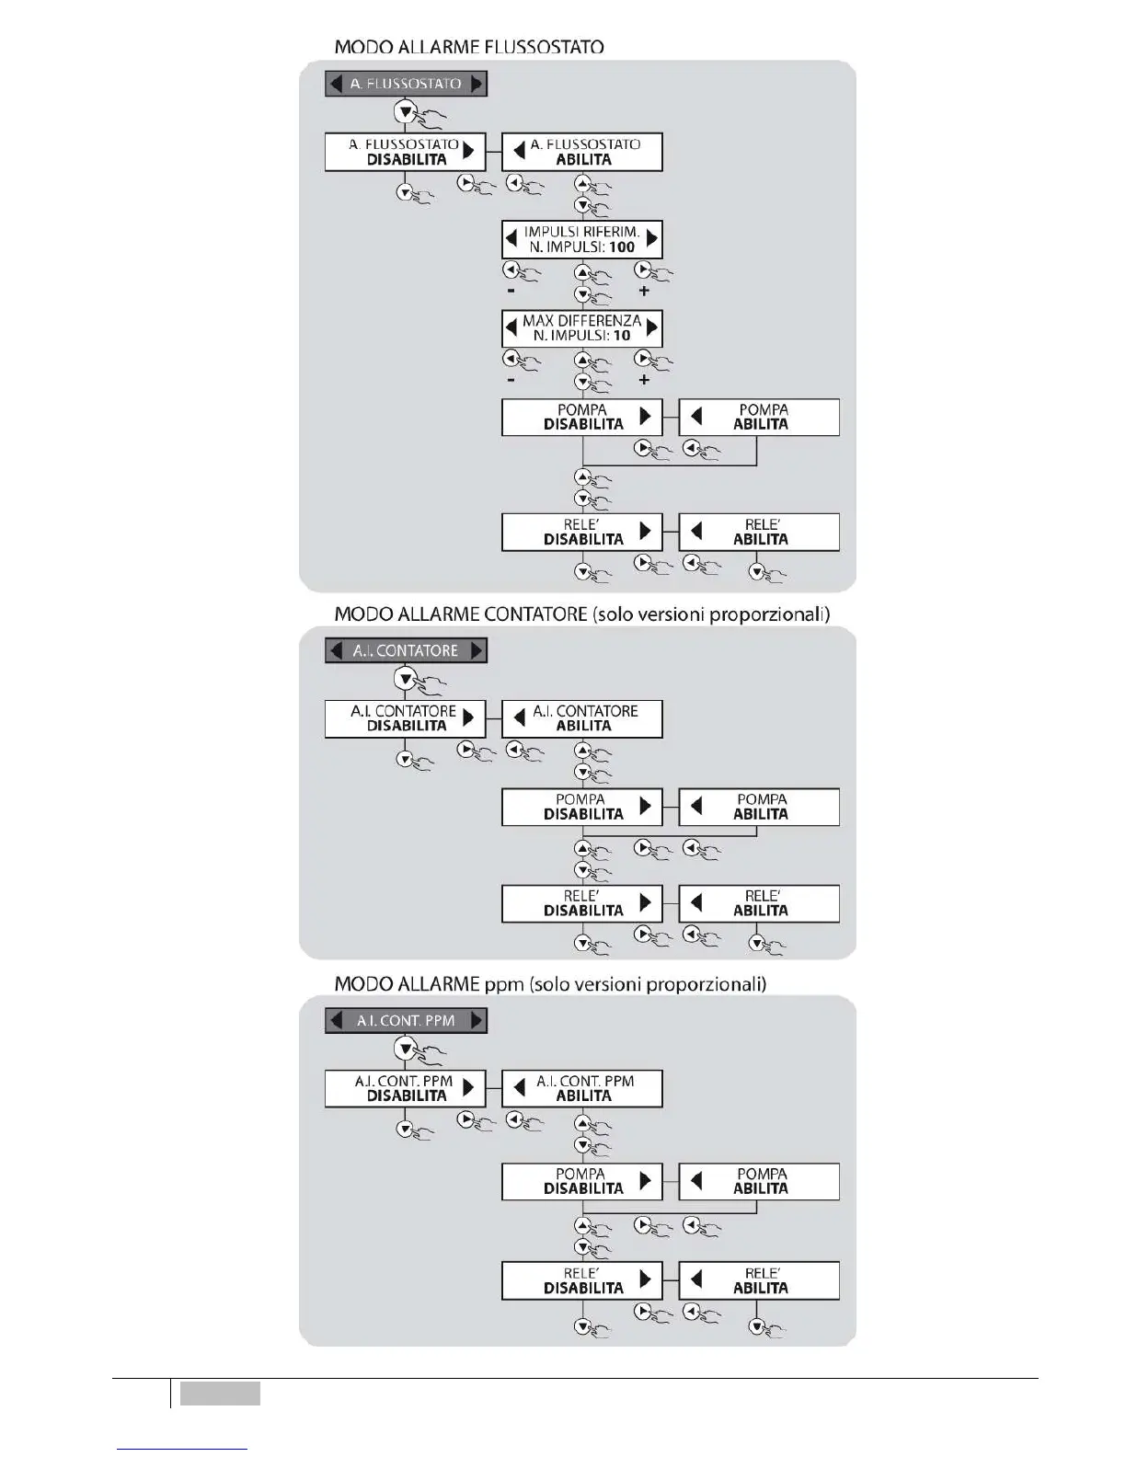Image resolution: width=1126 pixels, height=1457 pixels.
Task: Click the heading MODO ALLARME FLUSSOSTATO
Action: pyautogui.click(x=468, y=46)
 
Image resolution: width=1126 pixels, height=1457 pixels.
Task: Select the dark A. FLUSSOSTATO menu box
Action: pyautogui.click(x=406, y=84)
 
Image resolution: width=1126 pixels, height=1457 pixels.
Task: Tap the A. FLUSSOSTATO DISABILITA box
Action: pyautogui.click(x=405, y=152)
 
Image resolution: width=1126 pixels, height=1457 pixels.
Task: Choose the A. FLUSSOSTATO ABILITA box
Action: pyautogui.click(x=582, y=152)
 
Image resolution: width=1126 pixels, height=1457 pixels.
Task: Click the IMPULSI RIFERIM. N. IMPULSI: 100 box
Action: pyautogui.click(x=582, y=239)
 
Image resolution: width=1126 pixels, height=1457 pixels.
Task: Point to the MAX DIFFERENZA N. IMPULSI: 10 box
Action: pyautogui.click(x=582, y=328)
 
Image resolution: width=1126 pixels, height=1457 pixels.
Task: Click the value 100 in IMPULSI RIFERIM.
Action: pyautogui.click(x=622, y=247)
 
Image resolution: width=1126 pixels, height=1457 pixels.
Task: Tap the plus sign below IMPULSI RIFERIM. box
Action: pyautogui.click(x=644, y=291)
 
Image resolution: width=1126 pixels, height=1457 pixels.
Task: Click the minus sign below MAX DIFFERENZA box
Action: pyautogui.click(x=511, y=380)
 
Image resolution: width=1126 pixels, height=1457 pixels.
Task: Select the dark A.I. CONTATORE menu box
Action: pyautogui.click(x=406, y=650)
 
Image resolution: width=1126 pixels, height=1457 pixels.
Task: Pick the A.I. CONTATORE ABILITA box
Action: pyautogui.click(x=582, y=718)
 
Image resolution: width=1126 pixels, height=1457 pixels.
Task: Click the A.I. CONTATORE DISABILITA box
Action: pyautogui.click(x=405, y=718)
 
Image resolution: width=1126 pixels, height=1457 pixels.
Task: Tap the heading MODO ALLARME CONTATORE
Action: pyautogui.click(x=460, y=614)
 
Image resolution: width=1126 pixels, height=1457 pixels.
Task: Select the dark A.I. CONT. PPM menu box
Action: pyautogui.click(x=406, y=1020)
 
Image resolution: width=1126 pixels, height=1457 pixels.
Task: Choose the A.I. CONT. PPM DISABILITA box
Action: pyautogui.click(x=405, y=1088)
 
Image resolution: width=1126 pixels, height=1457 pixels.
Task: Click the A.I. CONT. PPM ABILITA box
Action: pyautogui.click(x=582, y=1088)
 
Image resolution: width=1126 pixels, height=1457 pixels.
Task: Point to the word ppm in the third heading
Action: pyautogui.click(x=503, y=985)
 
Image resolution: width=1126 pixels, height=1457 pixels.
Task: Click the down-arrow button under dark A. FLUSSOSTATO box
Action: pyautogui.click(x=405, y=112)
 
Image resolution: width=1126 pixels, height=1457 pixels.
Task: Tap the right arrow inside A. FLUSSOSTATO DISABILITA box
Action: pyautogui.click(x=469, y=150)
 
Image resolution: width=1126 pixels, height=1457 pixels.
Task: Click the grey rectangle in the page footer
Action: pyautogui.click(x=220, y=1394)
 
